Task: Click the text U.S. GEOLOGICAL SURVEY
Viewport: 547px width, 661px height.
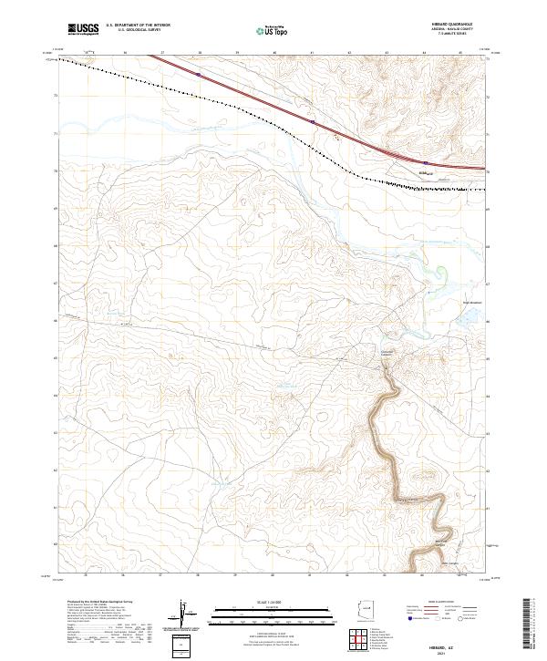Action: [x=138, y=30]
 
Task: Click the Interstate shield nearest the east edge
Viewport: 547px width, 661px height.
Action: [x=426, y=163]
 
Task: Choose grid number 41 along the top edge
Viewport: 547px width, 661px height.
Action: [x=312, y=54]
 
